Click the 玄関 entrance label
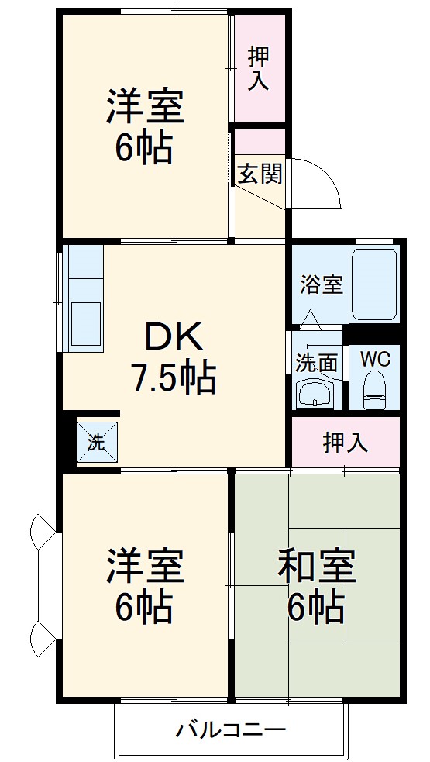click(259, 174)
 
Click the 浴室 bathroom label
click(321, 284)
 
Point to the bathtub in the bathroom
click(373, 284)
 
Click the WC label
click(375, 360)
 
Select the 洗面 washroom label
click(316, 362)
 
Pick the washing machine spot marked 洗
click(96, 443)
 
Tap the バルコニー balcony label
click(231, 729)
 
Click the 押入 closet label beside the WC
click(346, 443)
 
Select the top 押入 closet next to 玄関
click(258, 68)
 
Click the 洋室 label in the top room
click(145, 108)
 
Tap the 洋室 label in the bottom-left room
click(145, 567)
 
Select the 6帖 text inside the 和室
click(316, 607)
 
